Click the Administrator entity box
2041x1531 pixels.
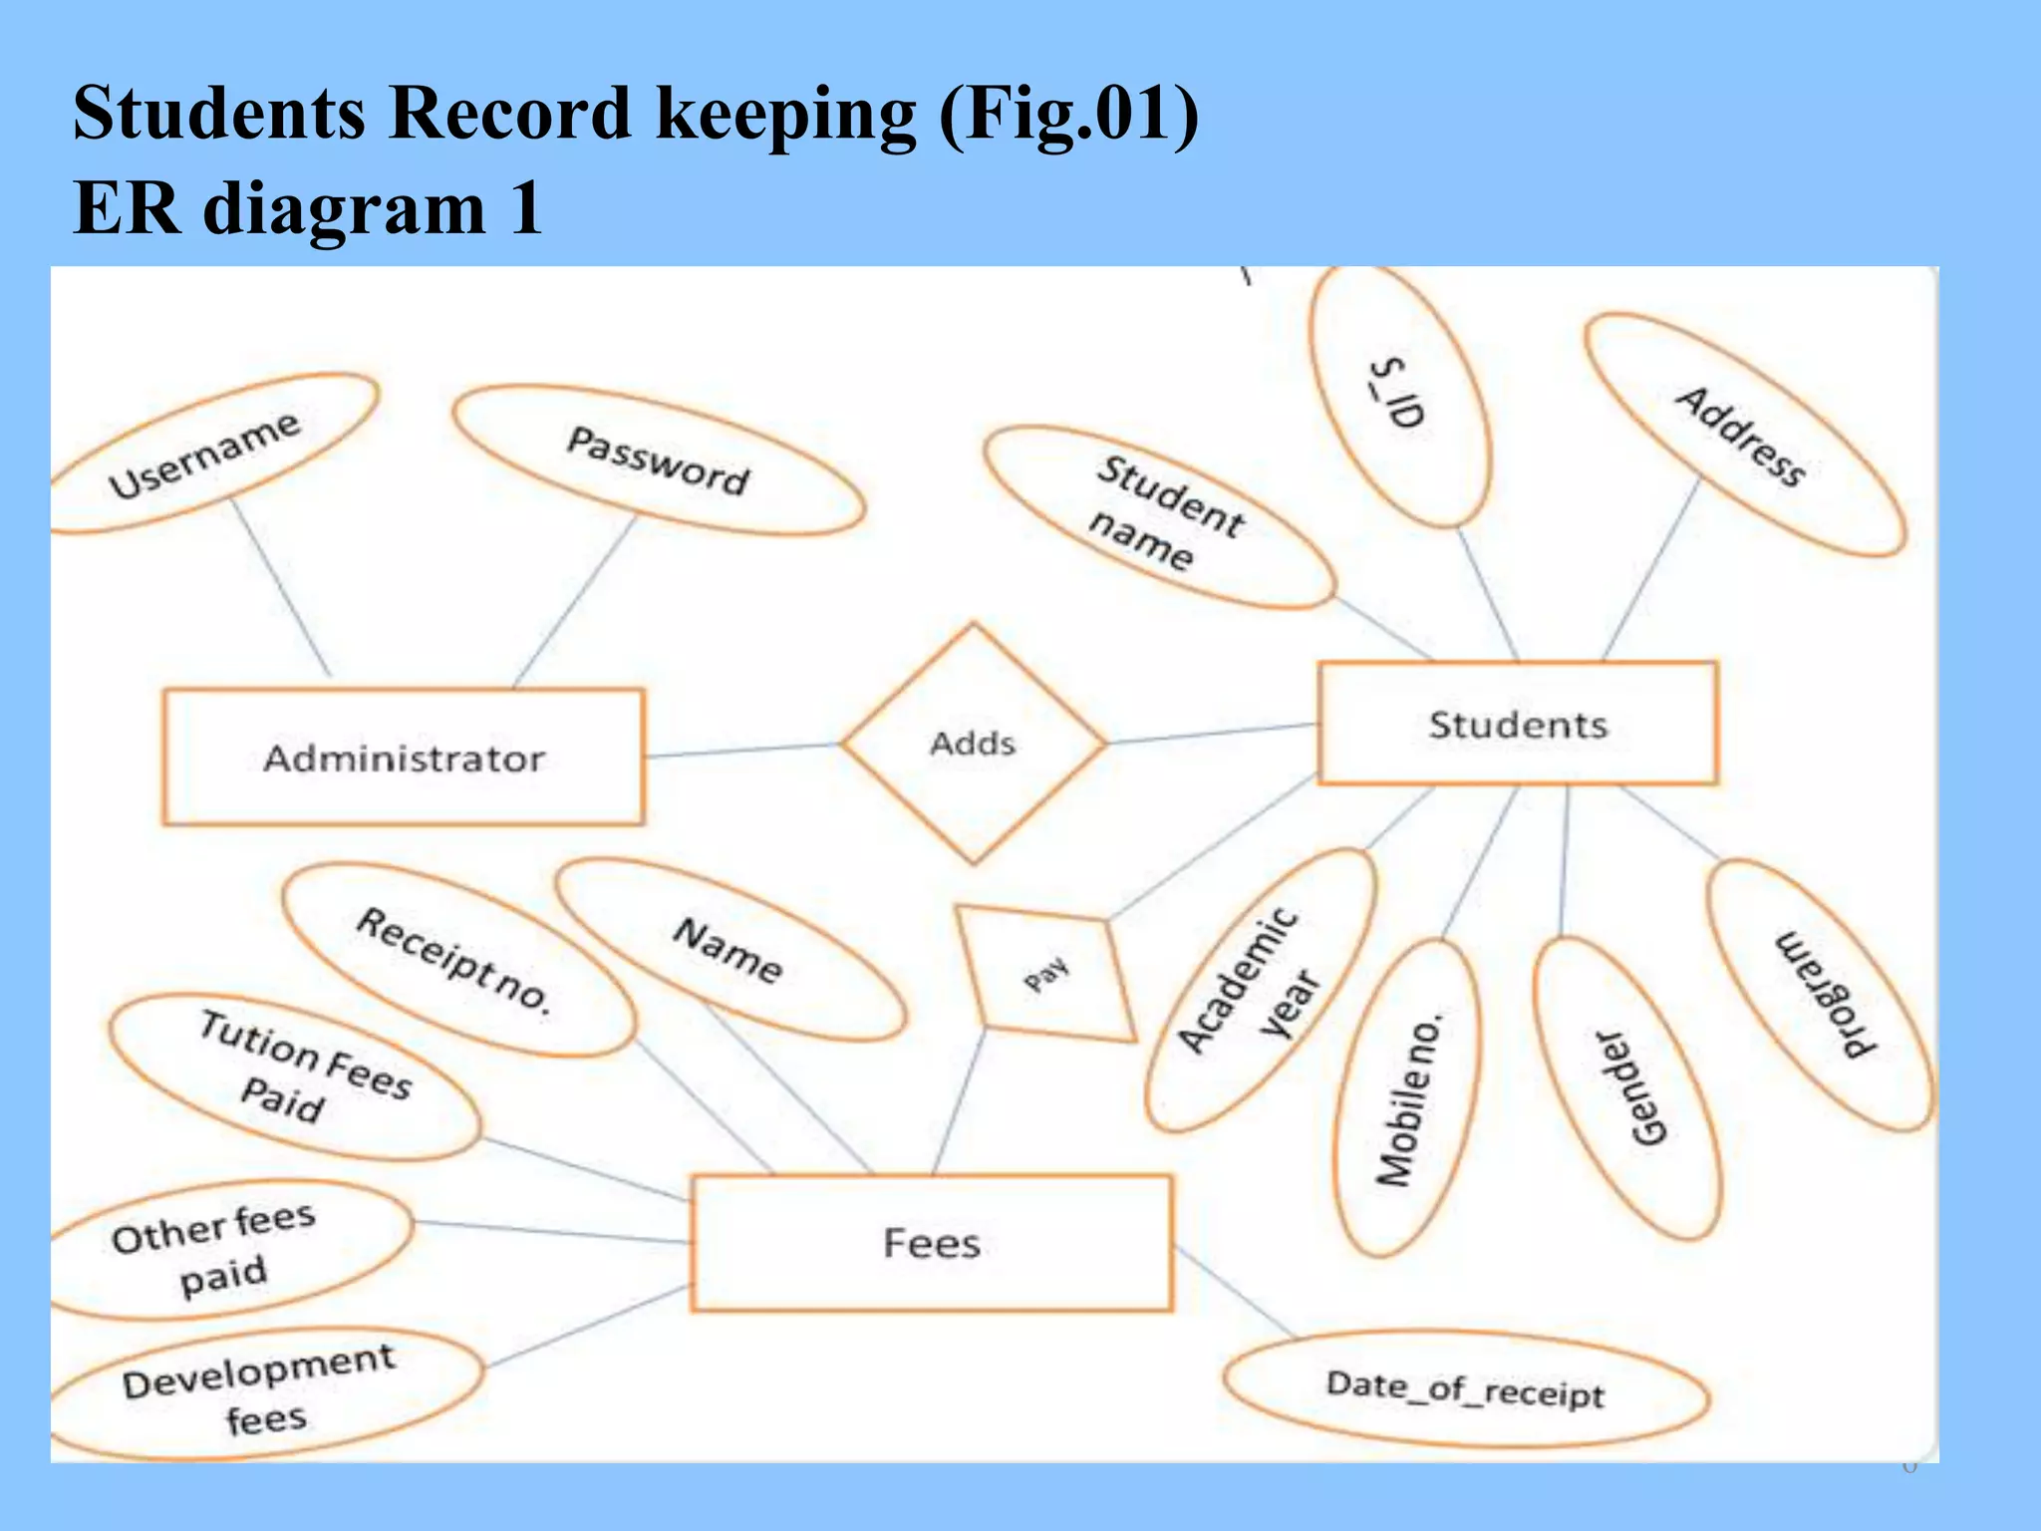click(404, 758)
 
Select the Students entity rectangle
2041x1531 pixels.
click(1517, 724)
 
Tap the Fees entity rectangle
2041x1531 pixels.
click(931, 1243)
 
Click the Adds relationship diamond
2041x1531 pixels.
click(973, 744)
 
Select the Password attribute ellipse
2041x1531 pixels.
click(658, 460)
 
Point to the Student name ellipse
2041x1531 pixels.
click(1161, 516)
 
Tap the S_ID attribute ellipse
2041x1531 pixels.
click(1399, 397)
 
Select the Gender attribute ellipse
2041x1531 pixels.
click(1626, 1088)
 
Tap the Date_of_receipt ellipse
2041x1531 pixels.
click(1465, 1389)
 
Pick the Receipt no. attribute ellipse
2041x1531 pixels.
click(456, 960)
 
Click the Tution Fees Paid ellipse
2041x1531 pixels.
click(295, 1077)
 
